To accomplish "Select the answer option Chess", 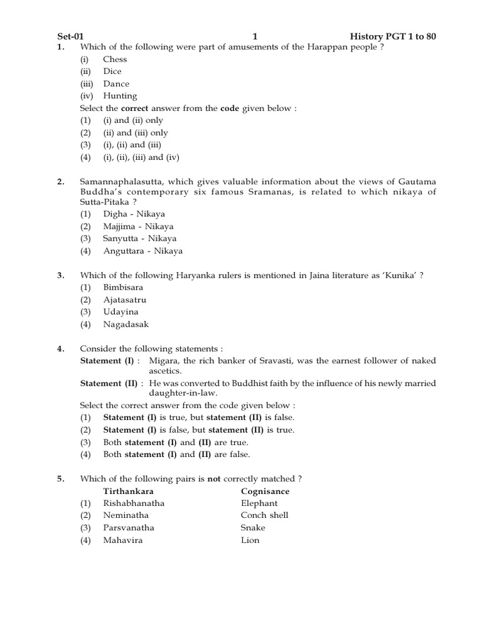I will click(x=115, y=59).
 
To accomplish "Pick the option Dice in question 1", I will click(x=112, y=71).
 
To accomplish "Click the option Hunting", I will click(x=120, y=96).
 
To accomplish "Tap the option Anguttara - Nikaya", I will click(x=142, y=251).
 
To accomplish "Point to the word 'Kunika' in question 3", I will click(x=400, y=275).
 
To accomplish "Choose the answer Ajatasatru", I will click(x=124, y=300).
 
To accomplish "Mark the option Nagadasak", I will click(x=126, y=324).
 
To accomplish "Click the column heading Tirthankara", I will click(x=128, y=491).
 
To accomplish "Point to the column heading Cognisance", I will click(x=265, y=491).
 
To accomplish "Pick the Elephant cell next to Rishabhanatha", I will click(x=259, y=503).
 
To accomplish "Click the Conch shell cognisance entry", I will click(x=264, y=515).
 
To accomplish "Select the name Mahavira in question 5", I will click(x=122, y=540).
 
